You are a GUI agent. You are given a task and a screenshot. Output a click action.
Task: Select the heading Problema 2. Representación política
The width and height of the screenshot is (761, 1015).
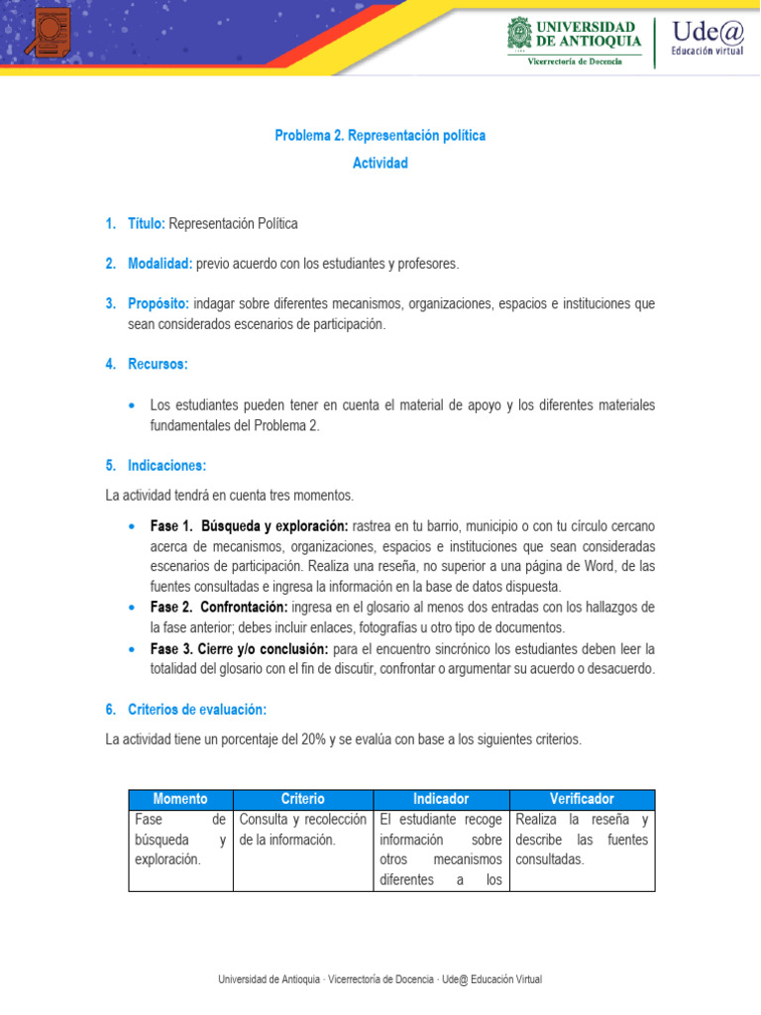(x=380, y=136)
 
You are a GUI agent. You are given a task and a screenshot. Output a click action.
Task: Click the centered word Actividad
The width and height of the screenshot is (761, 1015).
(x=380, y=163)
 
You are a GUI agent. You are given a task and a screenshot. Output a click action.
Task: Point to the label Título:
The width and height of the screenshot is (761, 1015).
(x=146, y=224)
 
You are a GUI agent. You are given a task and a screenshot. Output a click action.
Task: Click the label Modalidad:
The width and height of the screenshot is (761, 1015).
(x=160, y=264)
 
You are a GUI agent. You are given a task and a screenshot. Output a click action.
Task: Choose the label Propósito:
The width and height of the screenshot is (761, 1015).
(x=159, y=303)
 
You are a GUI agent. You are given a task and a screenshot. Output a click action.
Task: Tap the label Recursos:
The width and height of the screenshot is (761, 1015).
(x=158, y=365)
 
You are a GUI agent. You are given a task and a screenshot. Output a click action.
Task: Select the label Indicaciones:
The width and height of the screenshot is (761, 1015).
(x=166, y=465)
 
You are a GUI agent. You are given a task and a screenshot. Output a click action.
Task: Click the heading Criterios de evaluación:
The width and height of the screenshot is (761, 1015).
(x=196, y=710)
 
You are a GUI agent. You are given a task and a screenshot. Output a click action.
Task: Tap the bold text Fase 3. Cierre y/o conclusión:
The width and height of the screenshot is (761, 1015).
(x=239, y=648)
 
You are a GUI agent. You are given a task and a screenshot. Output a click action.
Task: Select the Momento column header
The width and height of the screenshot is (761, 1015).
(x=180, y=799)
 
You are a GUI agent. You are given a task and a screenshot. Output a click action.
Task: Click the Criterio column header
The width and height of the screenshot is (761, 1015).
(x=302, y=799)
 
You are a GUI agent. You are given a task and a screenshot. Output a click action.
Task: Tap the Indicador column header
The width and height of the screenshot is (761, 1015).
(x=440, y=799)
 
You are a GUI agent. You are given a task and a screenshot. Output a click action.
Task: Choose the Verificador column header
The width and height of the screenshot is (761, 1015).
(x=582, y=799)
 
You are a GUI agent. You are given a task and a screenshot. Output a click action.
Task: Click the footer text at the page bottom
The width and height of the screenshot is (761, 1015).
(x=380, y=979)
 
